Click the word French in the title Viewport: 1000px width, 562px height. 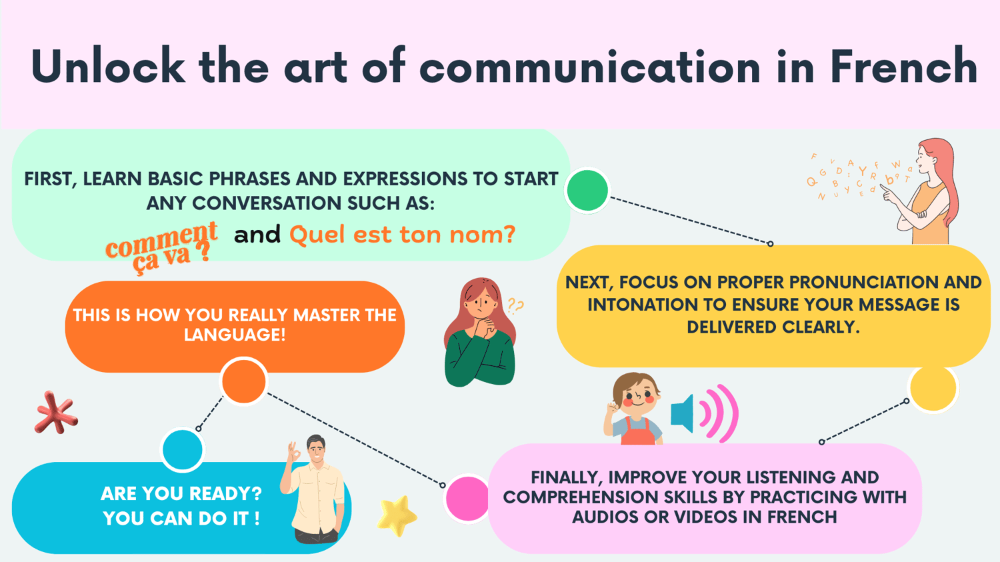pyautogui.click(x=905, y=66)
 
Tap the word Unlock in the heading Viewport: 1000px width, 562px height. pyautogui.click(x=107, y=65)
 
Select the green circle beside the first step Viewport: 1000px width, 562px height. pyautogui.click(x=587, y=190)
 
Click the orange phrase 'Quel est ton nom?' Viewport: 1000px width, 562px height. pyautogui.click(x=403, y=235)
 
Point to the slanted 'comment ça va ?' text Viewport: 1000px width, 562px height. pyautogui.click(x=161, y=247)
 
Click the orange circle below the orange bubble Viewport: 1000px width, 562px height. pyautogui.click(x=244, y=381)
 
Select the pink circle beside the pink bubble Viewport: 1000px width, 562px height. pyautogui.click(x=467, y=498)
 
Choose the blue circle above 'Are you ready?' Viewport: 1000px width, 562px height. pyautogui.click(x=183, y=450)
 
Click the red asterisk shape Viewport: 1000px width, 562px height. pyautogui.click(x=56, y=413)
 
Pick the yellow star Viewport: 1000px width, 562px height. pyautogui.click(x=397, y=515)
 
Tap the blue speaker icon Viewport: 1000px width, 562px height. pyautogui.click(x=683, y=413)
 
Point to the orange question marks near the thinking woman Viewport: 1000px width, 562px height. pyautogui.click(x=515, y=305)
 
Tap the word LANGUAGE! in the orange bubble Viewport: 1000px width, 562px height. pyautogui.click(x=235, y=335)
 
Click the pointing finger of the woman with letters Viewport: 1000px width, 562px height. pyautogui.click(x=885, y=190)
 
